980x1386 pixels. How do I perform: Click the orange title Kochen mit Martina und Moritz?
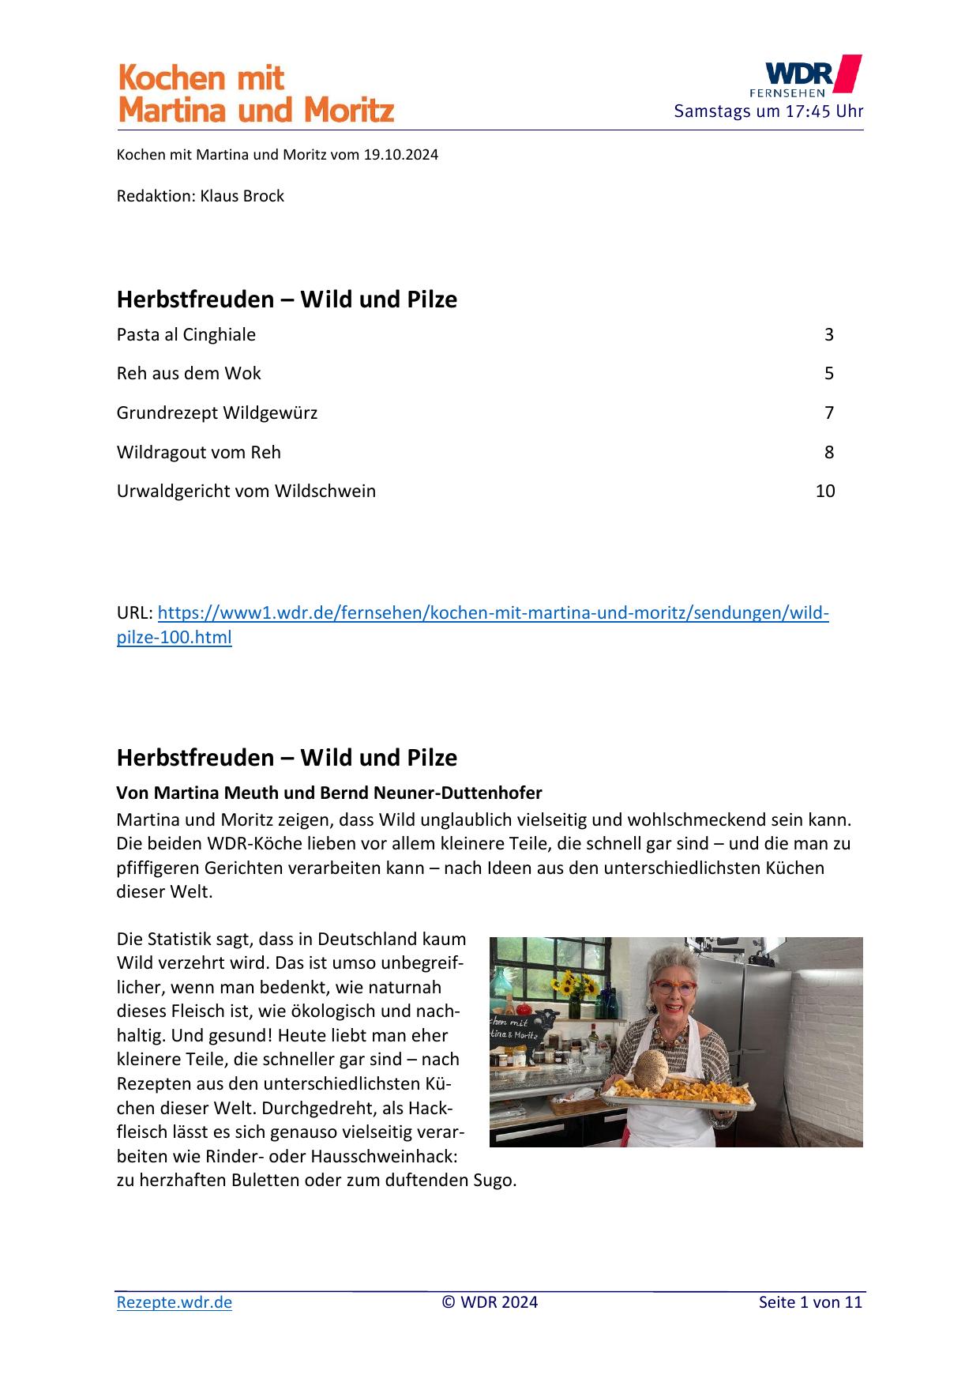(x=255, y=94)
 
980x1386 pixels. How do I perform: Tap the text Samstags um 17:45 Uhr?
(x=768, y=111)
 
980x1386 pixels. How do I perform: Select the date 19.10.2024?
(x=400, y=155)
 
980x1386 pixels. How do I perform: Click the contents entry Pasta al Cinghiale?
(x=186, y=334)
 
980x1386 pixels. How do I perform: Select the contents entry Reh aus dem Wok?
(x=189, y=373)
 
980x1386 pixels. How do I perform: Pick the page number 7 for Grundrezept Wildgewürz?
(x=828, y=412)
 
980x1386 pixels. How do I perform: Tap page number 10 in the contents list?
(x=824, y=491)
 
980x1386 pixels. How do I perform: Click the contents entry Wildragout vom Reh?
(x=199, y=452)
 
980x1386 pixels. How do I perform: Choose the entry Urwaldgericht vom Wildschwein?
(x=246, y=491)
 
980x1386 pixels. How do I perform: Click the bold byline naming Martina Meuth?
(x=329, y=793)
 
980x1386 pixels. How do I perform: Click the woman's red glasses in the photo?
(x=674, y=989)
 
